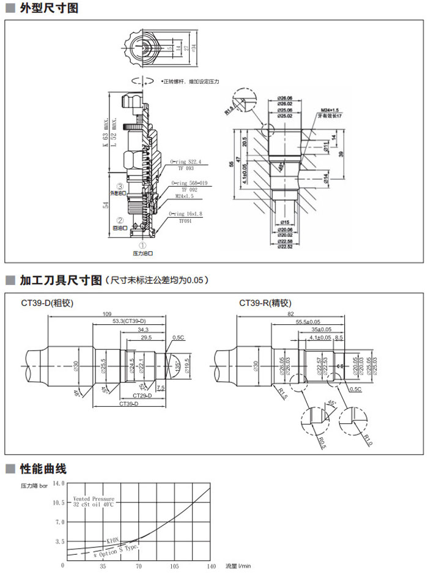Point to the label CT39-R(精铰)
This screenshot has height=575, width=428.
[x=265, y=302]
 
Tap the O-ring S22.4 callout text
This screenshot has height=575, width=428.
[x=186, y=163]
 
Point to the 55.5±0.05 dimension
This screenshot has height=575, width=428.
[x=308, y=322]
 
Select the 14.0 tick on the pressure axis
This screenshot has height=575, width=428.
[x=58, y=483]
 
